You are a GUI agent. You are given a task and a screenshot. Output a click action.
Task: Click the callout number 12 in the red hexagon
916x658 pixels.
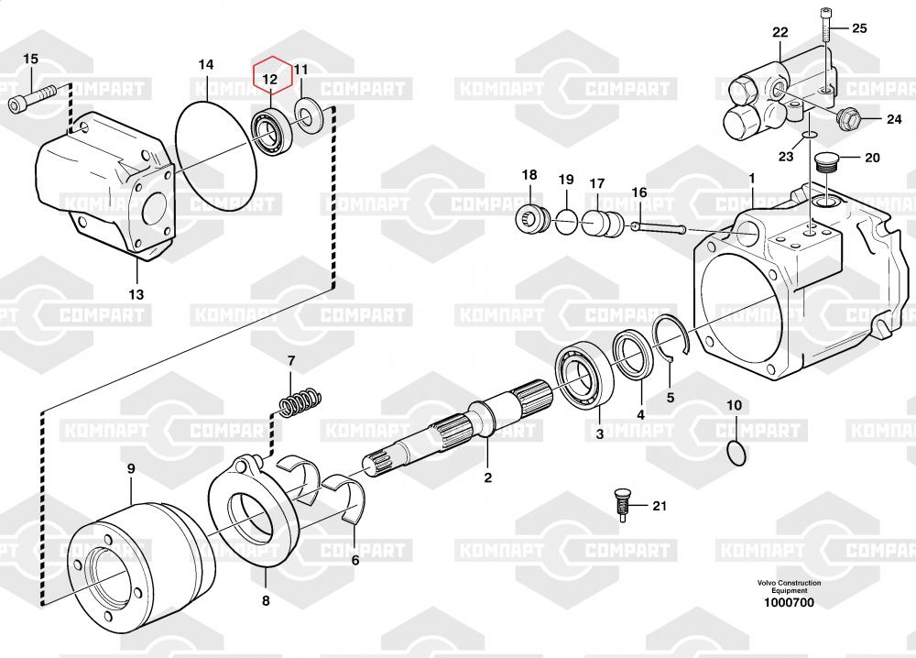[x=270, y=80]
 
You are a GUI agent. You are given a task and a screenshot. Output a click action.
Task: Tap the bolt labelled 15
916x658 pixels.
[x=32, y=97]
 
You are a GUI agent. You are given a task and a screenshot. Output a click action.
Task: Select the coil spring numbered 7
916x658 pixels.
[x=300, y=400]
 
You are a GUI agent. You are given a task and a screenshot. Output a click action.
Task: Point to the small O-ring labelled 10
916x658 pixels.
[x=736, y=454]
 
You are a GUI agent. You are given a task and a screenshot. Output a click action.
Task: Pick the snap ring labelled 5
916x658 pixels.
[x=671, y=336]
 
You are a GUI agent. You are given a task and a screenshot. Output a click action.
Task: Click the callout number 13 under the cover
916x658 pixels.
[x=136, y=294]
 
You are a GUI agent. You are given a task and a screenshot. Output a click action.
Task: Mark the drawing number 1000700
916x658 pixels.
[x=789, y=602]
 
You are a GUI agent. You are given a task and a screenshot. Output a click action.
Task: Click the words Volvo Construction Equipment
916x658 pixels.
[x=789, y=587]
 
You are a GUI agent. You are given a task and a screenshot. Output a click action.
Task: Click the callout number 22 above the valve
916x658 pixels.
[x=780, y=32]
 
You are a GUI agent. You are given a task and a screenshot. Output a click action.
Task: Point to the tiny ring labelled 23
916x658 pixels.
[x=809, y=136]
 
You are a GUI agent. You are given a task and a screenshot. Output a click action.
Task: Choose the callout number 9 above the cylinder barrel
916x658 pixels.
[x=131, y=468]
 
